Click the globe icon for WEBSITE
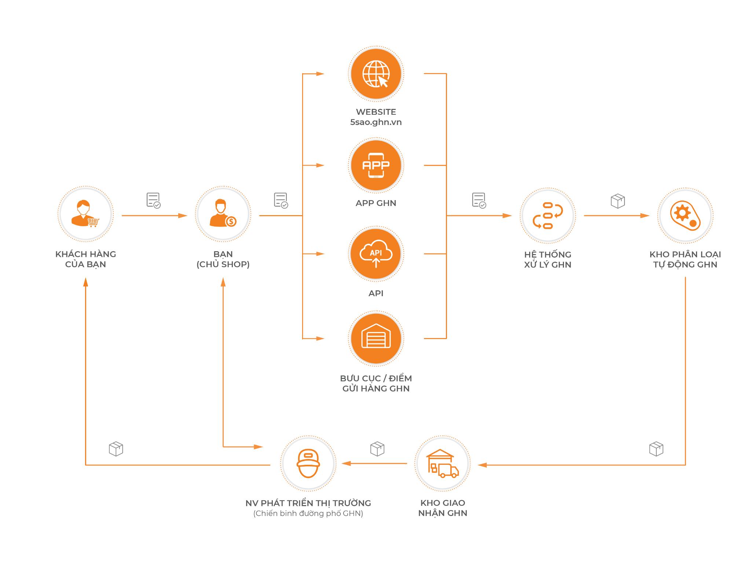(x=376, y=74)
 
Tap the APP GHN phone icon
(x=376, y=165)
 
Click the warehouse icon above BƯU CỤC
(x=376, y=336)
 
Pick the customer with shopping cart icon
(x=85, y=214)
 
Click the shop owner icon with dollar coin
(x=223, y=214)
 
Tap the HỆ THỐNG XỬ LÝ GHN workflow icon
(x=548, y=216)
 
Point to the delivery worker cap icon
(x=308, y=463)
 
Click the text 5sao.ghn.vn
(x=376, y=122)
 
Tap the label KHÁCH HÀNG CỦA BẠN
(x=85, y=259)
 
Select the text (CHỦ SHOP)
(x=223, y=264)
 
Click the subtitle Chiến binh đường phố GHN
(x=308, y=514)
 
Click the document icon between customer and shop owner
(x=153, y=200)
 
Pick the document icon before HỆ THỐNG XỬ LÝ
(x=479, y=200)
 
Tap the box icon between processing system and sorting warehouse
(x=618, y=201)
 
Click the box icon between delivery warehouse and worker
(x=377, y=449)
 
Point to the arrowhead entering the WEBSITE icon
(x=320, y=74)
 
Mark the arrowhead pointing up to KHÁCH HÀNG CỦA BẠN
(x=85, y=282)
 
